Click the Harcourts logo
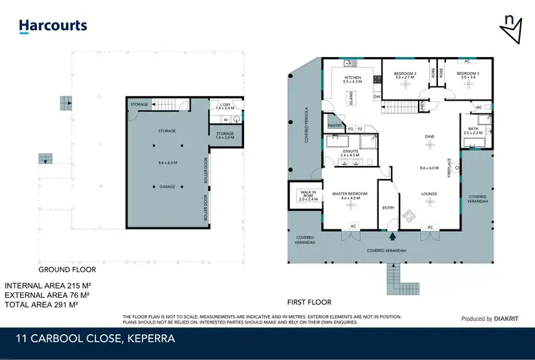point(53,26)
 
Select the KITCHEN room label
point(352,78)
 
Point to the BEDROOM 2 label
point(405,73)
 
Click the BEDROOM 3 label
point(468,73)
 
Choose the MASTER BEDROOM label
point(349,192)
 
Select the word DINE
point(429,135)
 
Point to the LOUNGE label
point(429,193)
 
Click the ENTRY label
point(388,207)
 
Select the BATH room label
point(473,129)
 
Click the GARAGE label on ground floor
point(166,187)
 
